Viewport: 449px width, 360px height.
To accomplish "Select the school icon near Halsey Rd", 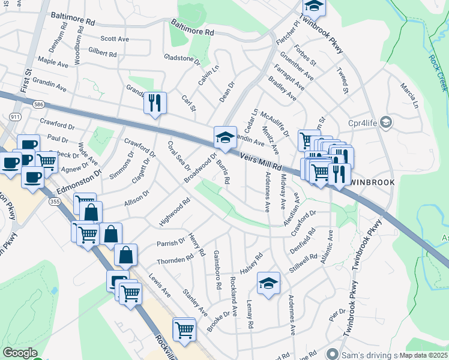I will click(268, 283).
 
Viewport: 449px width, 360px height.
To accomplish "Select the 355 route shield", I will click(55, 204).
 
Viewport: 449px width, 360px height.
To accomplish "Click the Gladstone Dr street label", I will click(181, 59).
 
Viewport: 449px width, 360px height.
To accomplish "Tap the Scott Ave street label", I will click(115, 39).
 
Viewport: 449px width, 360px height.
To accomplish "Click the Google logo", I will click(20, 353).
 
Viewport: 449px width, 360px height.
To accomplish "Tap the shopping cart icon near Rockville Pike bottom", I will click(184, 329).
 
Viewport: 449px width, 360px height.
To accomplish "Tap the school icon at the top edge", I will click(313, 7).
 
